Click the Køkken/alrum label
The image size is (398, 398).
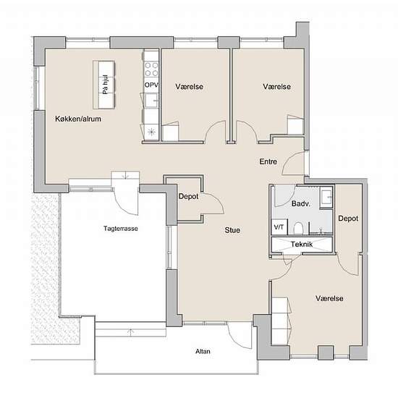pyautogui.click(x=78, y=119)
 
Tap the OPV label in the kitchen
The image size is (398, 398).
pyautogui.click(x=151, y=85)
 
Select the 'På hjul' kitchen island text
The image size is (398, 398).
pyautogui.click(x=106, y=85)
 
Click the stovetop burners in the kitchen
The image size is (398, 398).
pyautogui.click(x=151, y=69)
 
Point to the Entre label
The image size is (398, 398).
pyautogui.click(x=268, y=161)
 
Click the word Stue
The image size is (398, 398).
pyautogui.click(x=232, y=230)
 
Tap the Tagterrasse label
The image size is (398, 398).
pyautogui.click(x=121, y=229)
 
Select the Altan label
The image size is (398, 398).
pyautogui.click(x=203, y=351)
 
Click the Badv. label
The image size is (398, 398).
pyautogui.click(x=301, y=203)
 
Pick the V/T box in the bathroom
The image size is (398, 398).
pyautogui.click(x=279, y=227)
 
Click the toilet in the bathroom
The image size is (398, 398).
pyautogui.click(x=297, y=228)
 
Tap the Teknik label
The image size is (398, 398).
pyautogui.click(x=302, y=244)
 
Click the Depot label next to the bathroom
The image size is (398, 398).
pyautogui.click(x=348, y=218)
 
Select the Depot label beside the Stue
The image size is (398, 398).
pyautogui.click(x=189, y=196)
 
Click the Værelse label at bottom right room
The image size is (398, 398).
pyautogui.click(x=329, y=298)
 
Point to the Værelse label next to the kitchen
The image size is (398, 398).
pyautogui.click(x=189, y=86)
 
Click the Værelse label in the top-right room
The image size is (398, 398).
pyautogui.click(x=276, y=86)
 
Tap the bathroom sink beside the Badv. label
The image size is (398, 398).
pyautogui.click(x=326, y=197)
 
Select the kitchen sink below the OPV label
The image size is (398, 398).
pyautogui.click(x=151, y=101)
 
